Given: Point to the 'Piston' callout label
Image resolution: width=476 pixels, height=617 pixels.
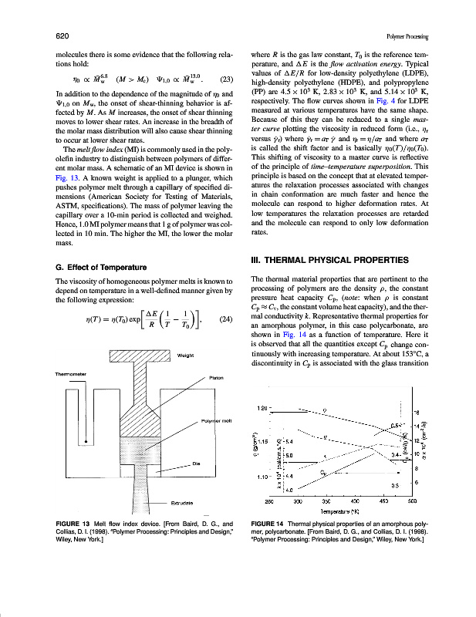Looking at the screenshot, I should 216,378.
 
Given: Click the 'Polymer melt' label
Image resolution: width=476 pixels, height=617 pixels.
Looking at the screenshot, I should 216,420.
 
